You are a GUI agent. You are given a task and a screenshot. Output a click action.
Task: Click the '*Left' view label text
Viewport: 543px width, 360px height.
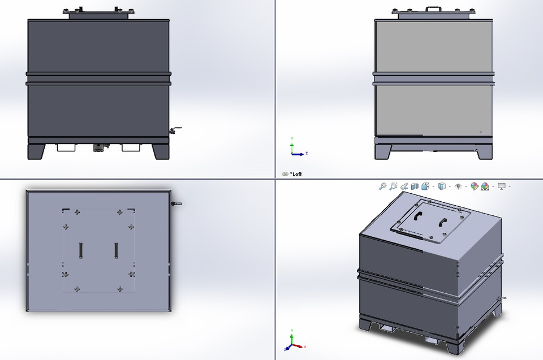pyautogui.click(x=296, y=174)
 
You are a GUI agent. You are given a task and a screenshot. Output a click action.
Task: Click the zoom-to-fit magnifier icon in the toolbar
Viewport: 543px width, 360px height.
pyautogui.click(x=383, y=186)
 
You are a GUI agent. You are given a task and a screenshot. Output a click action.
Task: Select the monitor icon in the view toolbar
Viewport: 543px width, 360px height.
pyautogui.click(x=501, y=186)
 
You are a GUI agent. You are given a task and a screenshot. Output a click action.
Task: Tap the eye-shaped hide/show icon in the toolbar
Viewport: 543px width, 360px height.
pyautogui.click(x=458, y=186)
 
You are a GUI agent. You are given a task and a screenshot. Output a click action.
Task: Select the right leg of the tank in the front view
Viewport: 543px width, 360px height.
pyautogui.click(x=161, y=151)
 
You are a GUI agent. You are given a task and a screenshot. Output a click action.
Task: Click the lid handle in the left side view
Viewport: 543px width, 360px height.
pyautogui.click(x=434, y=8)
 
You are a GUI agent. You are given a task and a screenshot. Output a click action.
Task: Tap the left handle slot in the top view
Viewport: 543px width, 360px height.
pyautogui.click(x=80, y=249)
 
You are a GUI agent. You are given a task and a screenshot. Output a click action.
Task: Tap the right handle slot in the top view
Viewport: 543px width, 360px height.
pyautogui.click(x=116, y=249)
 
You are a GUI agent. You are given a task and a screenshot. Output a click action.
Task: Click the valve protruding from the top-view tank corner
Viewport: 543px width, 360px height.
pyautogui.click(x=176, y=203)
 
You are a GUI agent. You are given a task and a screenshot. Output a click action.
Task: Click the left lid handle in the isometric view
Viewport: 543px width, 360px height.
pyautogui.click(x=419, y=216)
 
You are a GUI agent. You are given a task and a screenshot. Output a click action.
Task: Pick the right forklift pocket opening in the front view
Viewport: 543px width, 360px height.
pyautogui.click(x=131, y=148)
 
